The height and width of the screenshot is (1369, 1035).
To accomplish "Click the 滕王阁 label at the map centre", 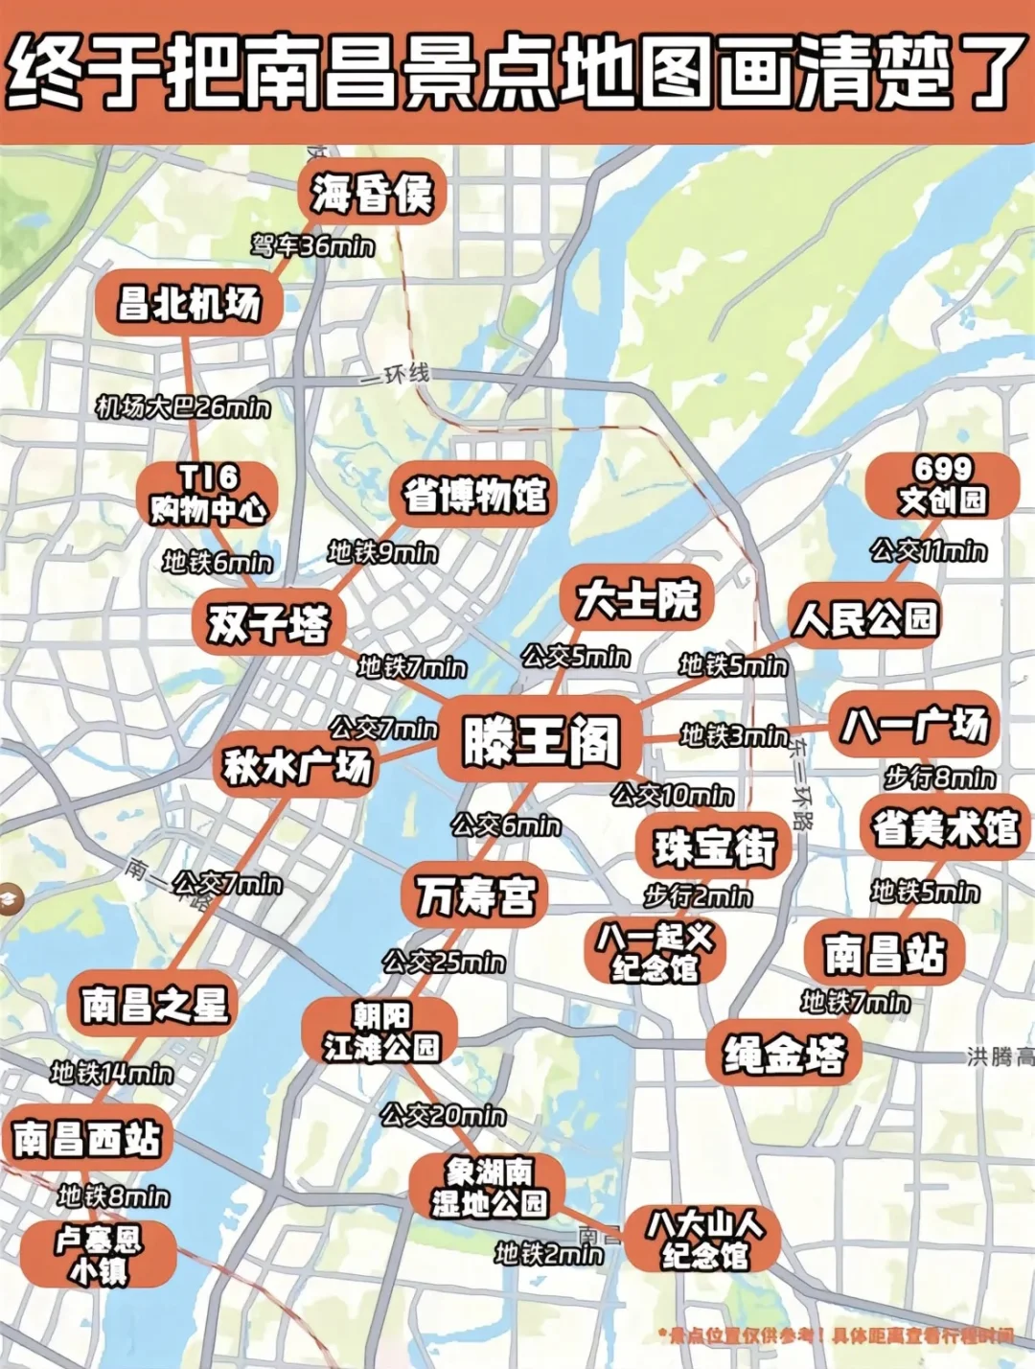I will point(541,742).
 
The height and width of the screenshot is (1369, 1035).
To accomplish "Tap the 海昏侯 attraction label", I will point(372,194).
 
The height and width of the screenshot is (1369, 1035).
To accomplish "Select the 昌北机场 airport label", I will point(189,303).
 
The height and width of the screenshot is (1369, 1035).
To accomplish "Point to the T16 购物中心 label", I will point(208,493).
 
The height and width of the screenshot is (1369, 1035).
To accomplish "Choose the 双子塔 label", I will point(267,624).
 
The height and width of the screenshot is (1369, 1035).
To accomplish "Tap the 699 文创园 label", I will point(942,484).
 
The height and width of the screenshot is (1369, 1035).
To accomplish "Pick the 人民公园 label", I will point(864,618).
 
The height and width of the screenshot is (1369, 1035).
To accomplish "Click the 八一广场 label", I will point(914,724).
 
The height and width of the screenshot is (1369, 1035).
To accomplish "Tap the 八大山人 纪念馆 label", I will point(704,1240).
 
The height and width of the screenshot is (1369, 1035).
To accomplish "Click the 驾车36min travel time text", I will point(312,246).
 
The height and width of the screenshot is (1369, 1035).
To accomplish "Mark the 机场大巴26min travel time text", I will point(183,407).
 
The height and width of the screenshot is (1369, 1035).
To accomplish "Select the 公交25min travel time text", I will point(444,962).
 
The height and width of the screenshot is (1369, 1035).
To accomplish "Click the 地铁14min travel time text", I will point(112,1073).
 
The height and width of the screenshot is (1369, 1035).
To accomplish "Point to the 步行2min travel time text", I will point(698,896).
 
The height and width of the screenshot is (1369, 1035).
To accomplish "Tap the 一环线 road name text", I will point(397,375).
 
